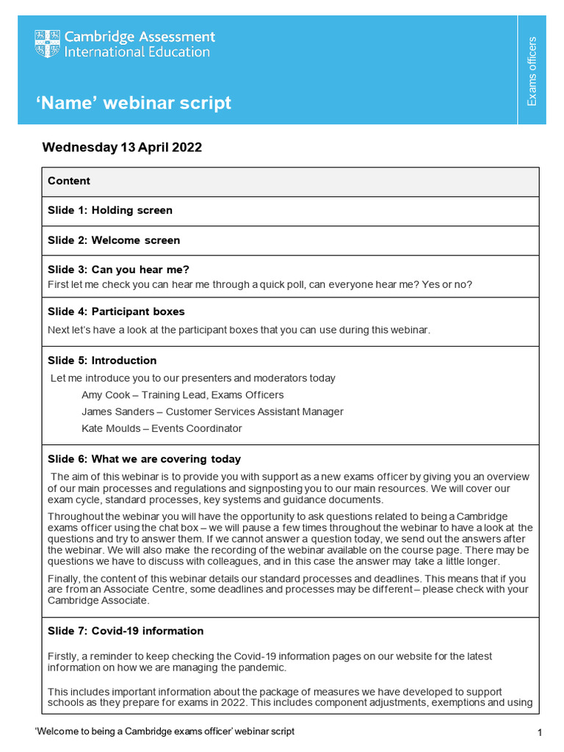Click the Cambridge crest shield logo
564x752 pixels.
coord(47,44)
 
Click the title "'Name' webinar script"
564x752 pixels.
coord(134,102)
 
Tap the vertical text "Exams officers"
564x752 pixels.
coord(532,70)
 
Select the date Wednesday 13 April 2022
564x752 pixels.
coord(122,147)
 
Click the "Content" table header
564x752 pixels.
coord(69,181)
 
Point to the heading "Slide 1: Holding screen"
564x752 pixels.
coord(110,210)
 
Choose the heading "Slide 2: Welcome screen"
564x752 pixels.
coord(114,240)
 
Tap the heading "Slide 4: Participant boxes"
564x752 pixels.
coord(116,311)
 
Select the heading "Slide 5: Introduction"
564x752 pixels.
coord(102,361)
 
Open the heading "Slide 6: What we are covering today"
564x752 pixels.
coord(144,459)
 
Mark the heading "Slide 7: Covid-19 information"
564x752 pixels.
coord(126,631)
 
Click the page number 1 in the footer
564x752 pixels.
coord(539,733)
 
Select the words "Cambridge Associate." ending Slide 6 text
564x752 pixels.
coord(98,601)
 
